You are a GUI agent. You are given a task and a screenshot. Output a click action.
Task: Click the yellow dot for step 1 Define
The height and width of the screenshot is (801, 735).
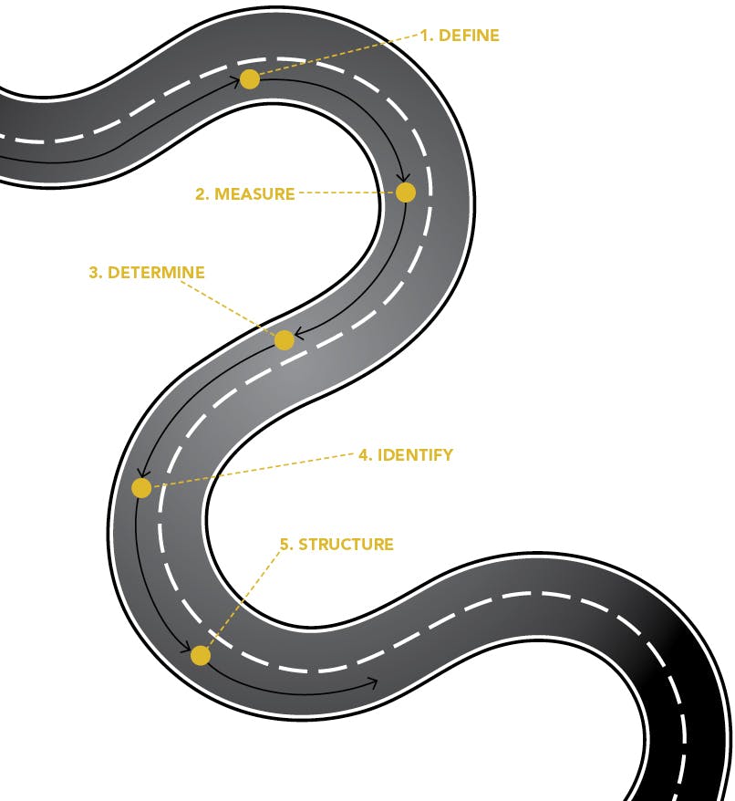point(249,79)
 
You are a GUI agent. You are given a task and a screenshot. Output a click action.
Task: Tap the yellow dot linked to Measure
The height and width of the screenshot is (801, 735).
point(406,192)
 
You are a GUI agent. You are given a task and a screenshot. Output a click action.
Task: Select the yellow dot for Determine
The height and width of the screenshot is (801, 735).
point(284,340)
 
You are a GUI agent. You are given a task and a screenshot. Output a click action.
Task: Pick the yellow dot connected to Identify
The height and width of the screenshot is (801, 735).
point(141,488)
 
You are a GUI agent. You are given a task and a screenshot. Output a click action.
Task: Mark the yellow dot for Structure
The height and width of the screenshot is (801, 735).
point(201,655)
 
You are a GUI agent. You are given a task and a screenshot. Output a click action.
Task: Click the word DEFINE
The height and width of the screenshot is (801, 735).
point(470,36)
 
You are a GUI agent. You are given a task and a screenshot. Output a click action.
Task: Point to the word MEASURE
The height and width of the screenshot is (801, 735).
point(254,194)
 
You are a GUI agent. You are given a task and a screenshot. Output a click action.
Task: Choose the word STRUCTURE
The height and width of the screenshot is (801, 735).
point(346,545)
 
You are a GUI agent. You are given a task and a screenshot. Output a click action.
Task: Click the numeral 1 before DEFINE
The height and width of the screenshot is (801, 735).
point(424,36)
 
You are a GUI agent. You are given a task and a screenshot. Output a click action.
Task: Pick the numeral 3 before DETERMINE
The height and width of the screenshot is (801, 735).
point(93,273)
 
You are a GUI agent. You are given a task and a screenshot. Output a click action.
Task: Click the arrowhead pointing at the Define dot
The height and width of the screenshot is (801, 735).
point(236,81)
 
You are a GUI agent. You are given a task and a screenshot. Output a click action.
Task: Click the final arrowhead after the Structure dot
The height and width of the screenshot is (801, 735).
point(372,681)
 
